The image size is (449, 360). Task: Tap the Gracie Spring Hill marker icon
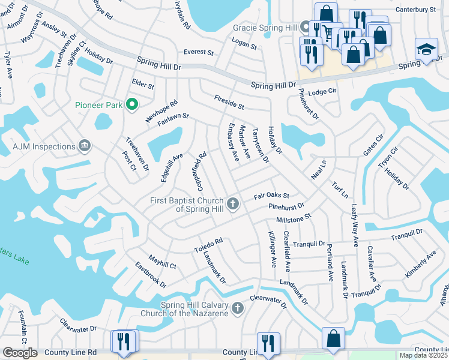pos(305,27)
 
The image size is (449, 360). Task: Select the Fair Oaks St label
pos(271,196)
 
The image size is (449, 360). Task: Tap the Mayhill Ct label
pos(162,262)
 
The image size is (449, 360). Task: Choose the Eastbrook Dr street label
pos(150,274)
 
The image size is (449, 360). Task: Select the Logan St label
pos(244,43)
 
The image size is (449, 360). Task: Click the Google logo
pos(19,353)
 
